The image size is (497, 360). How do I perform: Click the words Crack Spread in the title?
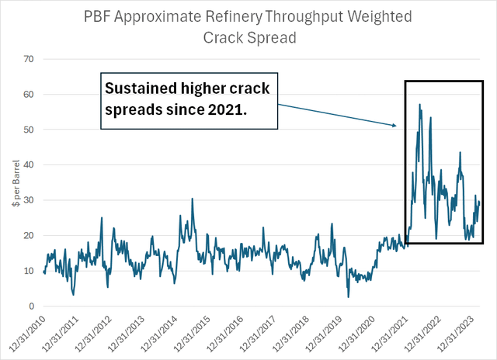point(248,37)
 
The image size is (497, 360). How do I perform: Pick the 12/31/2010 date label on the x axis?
point(29,332)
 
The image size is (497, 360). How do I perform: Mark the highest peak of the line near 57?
point(420,105)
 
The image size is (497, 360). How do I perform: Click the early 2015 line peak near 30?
point(192,199)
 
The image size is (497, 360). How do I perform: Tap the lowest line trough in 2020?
point(349,297)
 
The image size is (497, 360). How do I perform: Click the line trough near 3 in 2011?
point(74,295)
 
